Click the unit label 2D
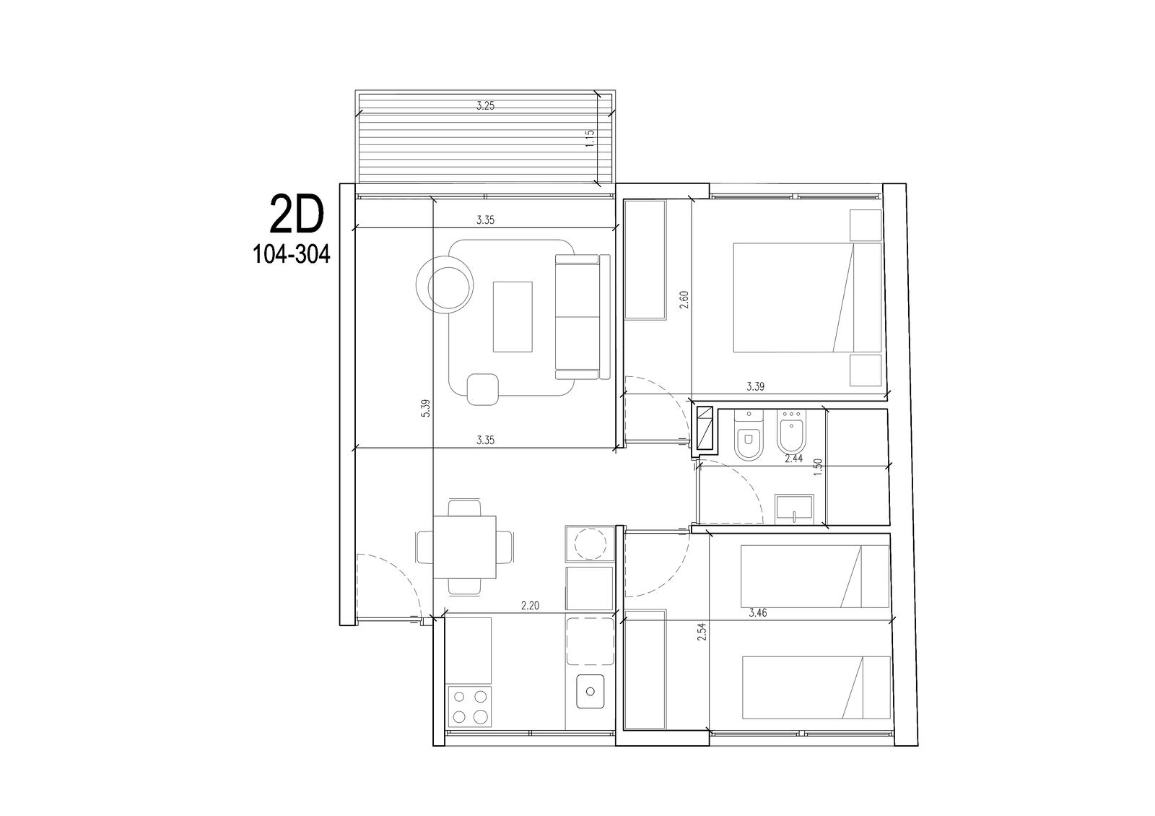pyautogui.click(x=297, y=214)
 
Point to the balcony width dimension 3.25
pyautogui.click(x=485, y=106)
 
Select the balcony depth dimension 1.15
pyautogui.click(x=590, y=139)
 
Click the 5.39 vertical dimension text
pyautogui.click(x=425, y=408)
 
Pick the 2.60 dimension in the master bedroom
pyautogui.click(x=684, y=300)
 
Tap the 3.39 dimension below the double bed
pyautogui.click(x=755, y=386)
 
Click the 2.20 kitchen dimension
pyautogui.click(x=530, y=606)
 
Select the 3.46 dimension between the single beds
pyautogui.click(x=757, y=613)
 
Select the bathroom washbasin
pyautogui.click(x=794, y=510)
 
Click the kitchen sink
pyautogui.click(x=590, y=691)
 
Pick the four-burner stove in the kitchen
pyautogui.click(x=109, y=706)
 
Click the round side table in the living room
pyautogui.click(x=445, y=286)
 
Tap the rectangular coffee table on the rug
pyautogui.click(x=513, y=317)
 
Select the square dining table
pyautogui.click(x=465, y=547)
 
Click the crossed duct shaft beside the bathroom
pyautogui.click(x=705, y=427)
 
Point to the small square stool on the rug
pyautogui.click(x=483, y=389)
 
